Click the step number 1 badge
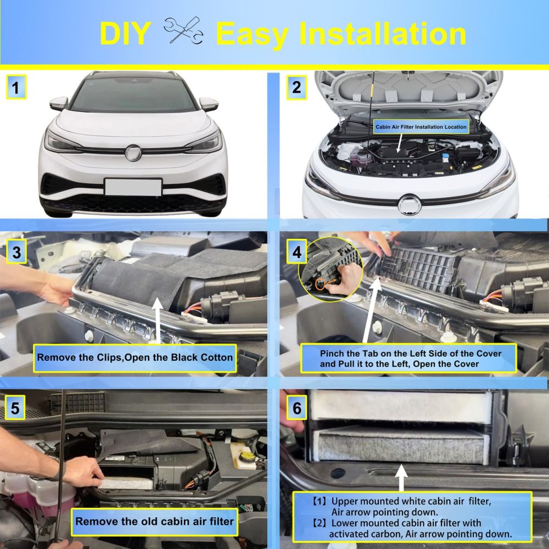click(16, 87)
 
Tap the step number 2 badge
click(296, 87)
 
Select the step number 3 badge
click(16, 251)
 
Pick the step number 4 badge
click(296, 251)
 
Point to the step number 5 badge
click(15, 407)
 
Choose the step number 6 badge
click(296, 407)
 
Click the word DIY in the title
click(125, 33)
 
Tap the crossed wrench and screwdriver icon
click(183, 30)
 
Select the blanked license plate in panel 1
click(133, 187)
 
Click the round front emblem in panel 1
click(133, 153)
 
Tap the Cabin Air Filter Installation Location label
click(421, 127)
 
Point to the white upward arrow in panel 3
click(158, 321)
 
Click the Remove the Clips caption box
click(135, 358)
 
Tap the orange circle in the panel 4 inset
click(320, 283)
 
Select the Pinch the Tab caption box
click(408, 358)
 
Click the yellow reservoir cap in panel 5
click(247, 456)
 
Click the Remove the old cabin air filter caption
click(154, 522)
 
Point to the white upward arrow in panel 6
click(401, 478)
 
